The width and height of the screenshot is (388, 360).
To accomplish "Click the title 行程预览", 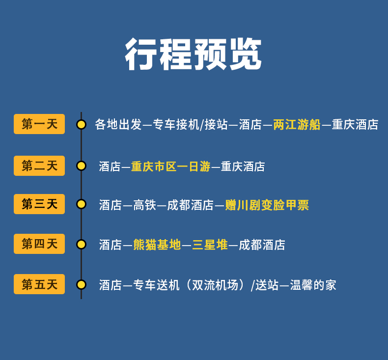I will point(194,54).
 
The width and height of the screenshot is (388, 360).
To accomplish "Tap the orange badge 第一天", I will point(39,124).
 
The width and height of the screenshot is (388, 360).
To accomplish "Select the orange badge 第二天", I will point(39,166).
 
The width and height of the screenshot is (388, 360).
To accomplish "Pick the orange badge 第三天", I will point(39,204).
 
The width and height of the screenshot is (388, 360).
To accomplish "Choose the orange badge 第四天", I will point(39,244).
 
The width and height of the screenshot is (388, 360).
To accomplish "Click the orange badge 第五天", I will point(39,284).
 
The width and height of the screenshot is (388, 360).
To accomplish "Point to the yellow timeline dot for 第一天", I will point(81,124).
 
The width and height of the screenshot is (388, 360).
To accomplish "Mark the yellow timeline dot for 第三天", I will point(81,204).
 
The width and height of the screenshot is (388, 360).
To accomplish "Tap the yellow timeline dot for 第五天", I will point(81,284).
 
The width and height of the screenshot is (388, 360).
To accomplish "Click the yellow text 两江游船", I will point(297,125).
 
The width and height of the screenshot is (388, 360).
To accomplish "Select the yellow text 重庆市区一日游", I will point(170,166).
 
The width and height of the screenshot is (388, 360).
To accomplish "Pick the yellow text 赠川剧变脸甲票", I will point(267,205).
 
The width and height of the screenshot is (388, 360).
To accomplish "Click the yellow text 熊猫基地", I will point(157,245).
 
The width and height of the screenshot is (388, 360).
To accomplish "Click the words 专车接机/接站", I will point(191,125).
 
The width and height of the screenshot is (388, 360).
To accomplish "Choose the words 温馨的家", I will point(313,285).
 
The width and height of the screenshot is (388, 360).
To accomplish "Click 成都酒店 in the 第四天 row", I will point(262,245).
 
